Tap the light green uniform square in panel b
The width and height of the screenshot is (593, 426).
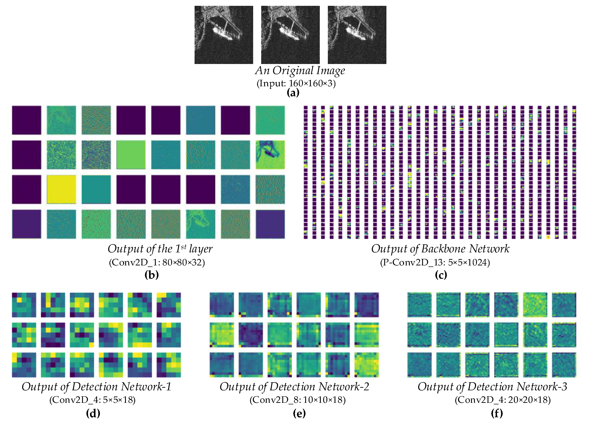(131, 155)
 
